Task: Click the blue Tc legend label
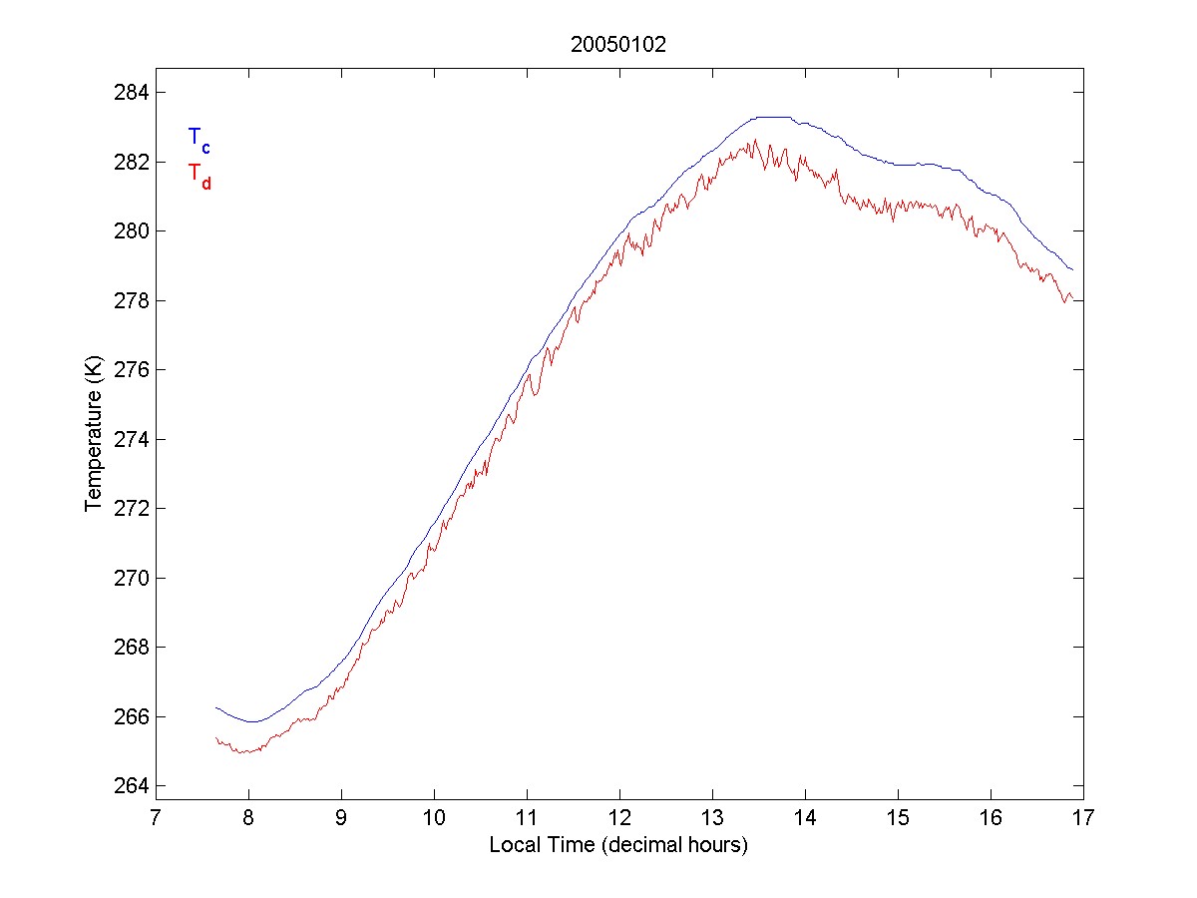click(199, 139)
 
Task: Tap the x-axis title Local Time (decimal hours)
click(618, 845)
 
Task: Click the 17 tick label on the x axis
click(1083, 819)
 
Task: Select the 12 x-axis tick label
click(619, 819)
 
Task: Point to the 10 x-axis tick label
click(434, 819)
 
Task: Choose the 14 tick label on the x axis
click(805, 819)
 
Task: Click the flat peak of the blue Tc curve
click(773, 117)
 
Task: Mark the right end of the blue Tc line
click(1072, 269)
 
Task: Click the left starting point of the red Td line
click(216, 737)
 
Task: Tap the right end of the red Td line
click(1072, 297)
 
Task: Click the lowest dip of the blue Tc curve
click(252, 721)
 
